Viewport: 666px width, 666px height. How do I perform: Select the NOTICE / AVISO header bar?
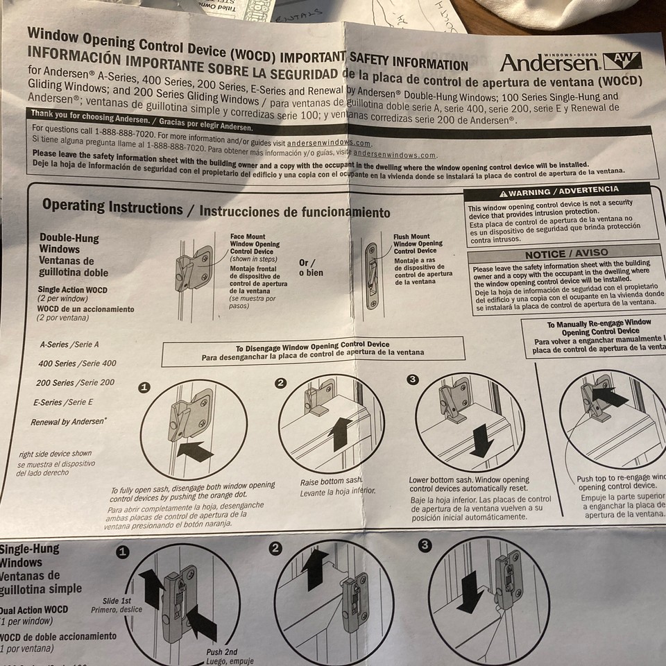click(x=566, y=253)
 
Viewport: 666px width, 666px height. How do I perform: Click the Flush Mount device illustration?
click(x=372, y=275)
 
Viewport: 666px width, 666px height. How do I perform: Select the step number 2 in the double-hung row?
click(x=281, y=383)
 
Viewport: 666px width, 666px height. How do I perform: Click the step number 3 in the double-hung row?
click(x=413, y=379)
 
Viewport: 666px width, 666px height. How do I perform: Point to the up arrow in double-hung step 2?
click(x=341, y=433)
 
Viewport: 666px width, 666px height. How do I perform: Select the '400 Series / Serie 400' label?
click(x=77, y=363)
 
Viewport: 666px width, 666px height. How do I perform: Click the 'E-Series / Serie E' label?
click(x=62, y=402)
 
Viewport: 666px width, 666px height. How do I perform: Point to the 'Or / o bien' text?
click(x=311, y=268)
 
